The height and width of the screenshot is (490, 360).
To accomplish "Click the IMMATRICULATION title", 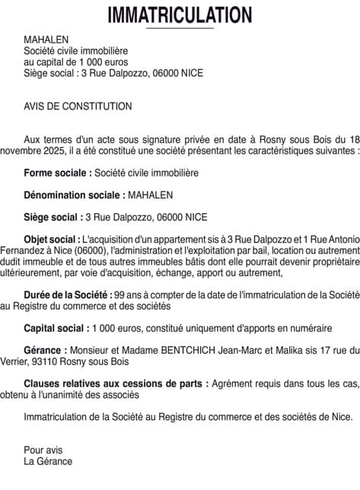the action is click(x=180, y=14).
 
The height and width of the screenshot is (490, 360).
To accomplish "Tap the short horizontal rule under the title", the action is click(x=180, y=29).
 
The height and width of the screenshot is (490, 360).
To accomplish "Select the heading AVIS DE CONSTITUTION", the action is click(x=78, y=107).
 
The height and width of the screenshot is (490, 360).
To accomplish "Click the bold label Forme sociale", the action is click(x=58, y=173).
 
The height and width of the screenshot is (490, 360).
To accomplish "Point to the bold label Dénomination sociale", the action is click(x=73, y=195).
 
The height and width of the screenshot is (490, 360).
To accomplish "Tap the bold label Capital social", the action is click(x=56, y=328).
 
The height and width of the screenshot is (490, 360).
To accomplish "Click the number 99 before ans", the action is click(x=117, y=294).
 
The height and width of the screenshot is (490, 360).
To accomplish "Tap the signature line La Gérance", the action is click(x=48, y=461).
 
